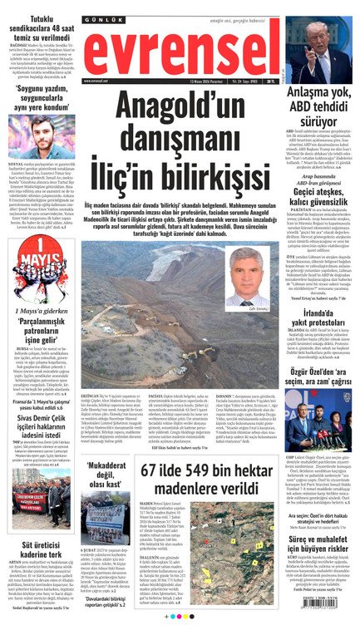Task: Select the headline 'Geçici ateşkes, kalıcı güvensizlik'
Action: point(318,219)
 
